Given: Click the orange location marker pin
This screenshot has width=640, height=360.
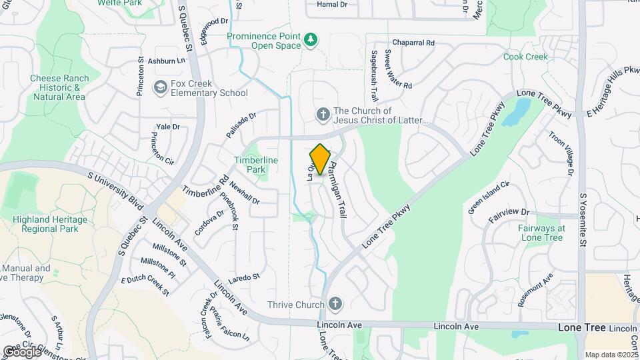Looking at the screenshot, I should pyautogui.click(x=320, y=159).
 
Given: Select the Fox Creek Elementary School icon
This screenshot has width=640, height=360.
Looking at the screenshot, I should pyautogui.click(x=160, y=87).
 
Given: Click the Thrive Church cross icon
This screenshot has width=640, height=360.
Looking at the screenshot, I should pyautogui.click(x=335, y=304).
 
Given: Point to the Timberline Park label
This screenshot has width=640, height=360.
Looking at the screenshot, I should pyautogui.click(x=251, y=165).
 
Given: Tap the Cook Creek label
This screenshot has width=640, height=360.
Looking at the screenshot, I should pyautogui.click(x=525, y=57).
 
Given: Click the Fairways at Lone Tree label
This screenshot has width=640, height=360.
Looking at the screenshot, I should pyautogui.click(x=541, y=233).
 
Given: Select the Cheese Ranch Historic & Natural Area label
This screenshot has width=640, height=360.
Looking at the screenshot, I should pyautogui.click(x=59, y=87).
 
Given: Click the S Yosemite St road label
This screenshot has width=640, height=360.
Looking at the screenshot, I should pyautogui.click(x=582, y=220).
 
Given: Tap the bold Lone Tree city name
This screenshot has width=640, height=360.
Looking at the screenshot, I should pyautogui.click(x=581, y=328).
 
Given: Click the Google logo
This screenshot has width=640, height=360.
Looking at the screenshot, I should pyautogui.click(x=22, y=351).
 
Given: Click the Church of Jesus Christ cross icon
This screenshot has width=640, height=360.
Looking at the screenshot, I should pyautogui.click(x=323, y=115).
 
